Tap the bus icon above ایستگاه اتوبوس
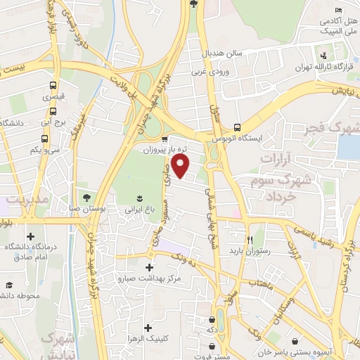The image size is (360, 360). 238,128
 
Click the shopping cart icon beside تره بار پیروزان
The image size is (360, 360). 165,139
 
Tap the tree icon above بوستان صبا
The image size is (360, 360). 86,198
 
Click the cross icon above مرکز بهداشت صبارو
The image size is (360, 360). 148,268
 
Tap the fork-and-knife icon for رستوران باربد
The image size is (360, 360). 247,239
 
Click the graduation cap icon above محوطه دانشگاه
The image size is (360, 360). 10,285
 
